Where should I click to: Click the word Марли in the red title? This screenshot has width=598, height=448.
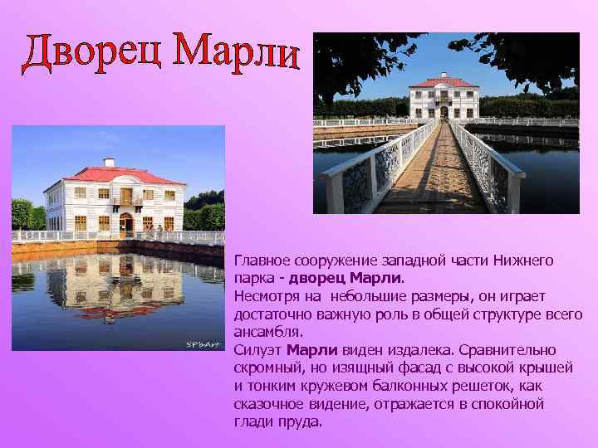pos(238,51)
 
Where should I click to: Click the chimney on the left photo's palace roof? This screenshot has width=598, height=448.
pos(109,163)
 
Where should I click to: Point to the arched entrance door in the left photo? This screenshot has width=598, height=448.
pos(125,222)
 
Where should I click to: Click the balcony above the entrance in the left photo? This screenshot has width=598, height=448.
pos(125,200)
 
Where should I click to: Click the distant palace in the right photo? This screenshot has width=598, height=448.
pos(444,98)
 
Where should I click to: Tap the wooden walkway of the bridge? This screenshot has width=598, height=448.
pos(440,178)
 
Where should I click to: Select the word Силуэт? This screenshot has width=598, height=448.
pos(256,349)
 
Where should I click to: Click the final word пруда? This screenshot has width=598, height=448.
pos(300,421)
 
